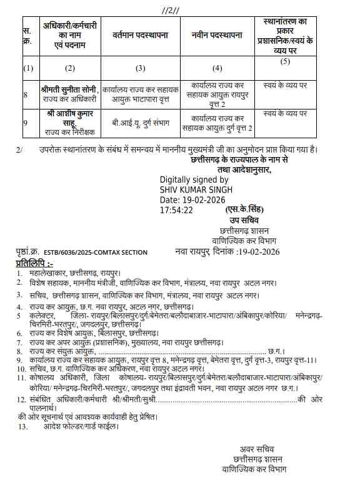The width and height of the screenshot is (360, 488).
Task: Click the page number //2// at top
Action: [x=171, y=10]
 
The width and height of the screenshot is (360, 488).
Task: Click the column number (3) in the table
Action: [x=140, y=68]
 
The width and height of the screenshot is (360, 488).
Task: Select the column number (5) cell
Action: [x=285, y=61]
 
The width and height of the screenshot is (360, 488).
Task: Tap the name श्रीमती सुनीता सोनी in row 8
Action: [x=68, y=89]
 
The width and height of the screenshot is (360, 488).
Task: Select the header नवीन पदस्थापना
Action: [x=216, y=35]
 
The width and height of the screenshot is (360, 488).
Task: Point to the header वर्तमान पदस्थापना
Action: [x=140, y=35]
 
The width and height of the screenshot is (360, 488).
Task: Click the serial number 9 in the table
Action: [x=25, y=123]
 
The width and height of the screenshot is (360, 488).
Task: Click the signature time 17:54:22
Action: [x=177, y=210]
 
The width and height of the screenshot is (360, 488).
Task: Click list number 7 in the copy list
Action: [x=21, y=343]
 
